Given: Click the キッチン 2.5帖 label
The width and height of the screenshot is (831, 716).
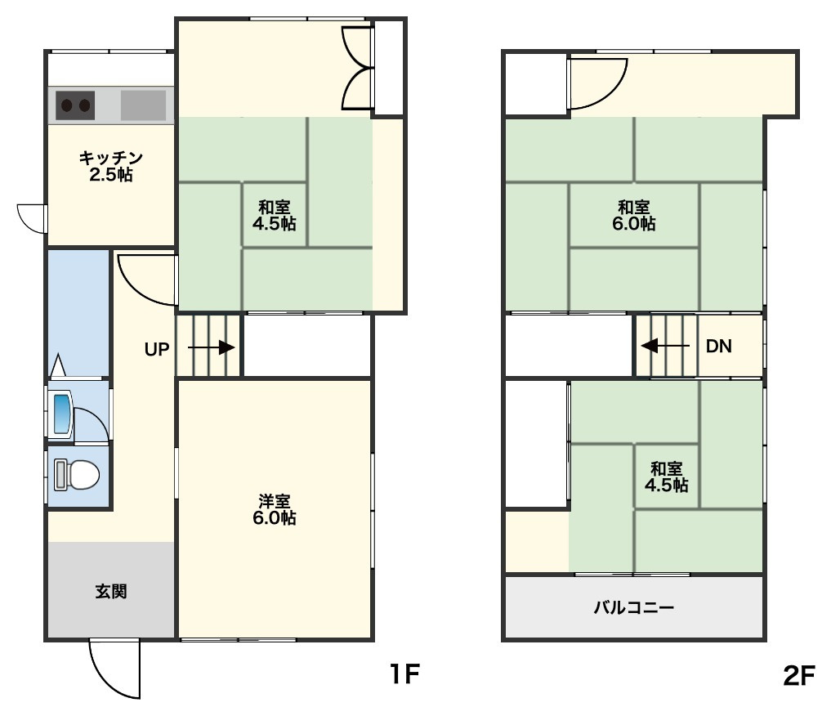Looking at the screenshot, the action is [111, 166].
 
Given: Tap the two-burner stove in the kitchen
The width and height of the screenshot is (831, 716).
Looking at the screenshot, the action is [75, 105].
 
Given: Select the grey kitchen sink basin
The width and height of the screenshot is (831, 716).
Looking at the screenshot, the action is [143, 105].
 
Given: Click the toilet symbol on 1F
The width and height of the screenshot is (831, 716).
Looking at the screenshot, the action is [77, 474].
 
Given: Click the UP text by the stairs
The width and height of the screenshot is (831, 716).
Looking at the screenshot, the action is [157, 349].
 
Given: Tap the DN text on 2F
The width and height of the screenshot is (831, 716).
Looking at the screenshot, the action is [718, 347].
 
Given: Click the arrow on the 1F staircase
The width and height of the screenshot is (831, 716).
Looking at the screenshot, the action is [212, 348].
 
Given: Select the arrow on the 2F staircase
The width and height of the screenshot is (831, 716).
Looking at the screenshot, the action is [665, 346].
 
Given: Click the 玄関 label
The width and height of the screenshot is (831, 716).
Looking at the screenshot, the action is [111, 591].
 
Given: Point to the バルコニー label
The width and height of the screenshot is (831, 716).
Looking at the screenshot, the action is [634, 606].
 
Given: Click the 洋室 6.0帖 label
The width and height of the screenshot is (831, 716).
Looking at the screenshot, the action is [274, 509].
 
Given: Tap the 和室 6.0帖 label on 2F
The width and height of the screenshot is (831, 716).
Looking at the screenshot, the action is [634, 215].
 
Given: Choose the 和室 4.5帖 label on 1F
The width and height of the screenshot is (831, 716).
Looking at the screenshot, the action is [274, 215].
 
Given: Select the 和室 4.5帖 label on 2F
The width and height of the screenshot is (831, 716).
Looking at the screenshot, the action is [666, 477].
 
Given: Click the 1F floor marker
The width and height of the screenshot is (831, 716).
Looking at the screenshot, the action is [405, 674].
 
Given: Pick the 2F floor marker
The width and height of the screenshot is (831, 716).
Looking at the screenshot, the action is [798, 675].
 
